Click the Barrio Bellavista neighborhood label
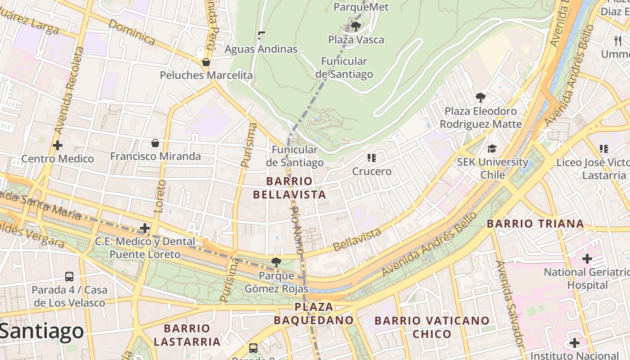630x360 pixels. tap(289, 188)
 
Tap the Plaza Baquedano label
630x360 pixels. tap(314, 314)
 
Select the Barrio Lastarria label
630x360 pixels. tap(187, 335)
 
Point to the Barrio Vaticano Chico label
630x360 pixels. tap(432, 327)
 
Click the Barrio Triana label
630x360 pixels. tap(535, 224)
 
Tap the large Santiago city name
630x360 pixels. tap(41, 331)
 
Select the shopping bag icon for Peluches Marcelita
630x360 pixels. tap(206, 62)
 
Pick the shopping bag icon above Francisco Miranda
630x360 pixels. tap(155, 143)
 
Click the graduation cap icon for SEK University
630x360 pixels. tap(492, 148)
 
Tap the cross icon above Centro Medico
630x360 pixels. tap(58, 145)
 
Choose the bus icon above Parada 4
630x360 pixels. tap(69, 276)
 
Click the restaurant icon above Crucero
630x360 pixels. tap(371, 158)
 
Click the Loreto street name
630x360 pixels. tap(160, 196)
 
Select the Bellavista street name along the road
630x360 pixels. tap(358, 240)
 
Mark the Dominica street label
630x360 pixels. tap(131, 32)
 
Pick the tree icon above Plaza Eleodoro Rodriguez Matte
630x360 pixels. tap(481, 97)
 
